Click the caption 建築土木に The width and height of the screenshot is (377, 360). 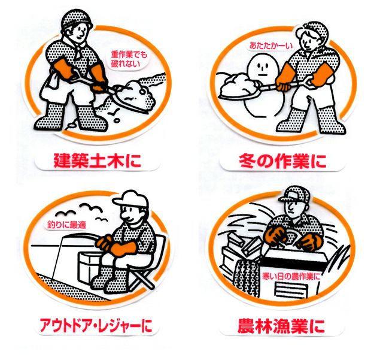pos(97,161)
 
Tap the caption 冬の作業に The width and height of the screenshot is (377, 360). pos(282,161)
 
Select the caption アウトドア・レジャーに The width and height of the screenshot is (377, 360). pos(96,325)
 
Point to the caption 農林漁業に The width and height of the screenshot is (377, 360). pos(281,325)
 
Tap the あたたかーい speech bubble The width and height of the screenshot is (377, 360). pos(270,46)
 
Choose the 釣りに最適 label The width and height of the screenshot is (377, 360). pos(65,225)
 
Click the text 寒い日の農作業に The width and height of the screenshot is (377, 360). pos(291,276)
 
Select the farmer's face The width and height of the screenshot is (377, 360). pos(292,206)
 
